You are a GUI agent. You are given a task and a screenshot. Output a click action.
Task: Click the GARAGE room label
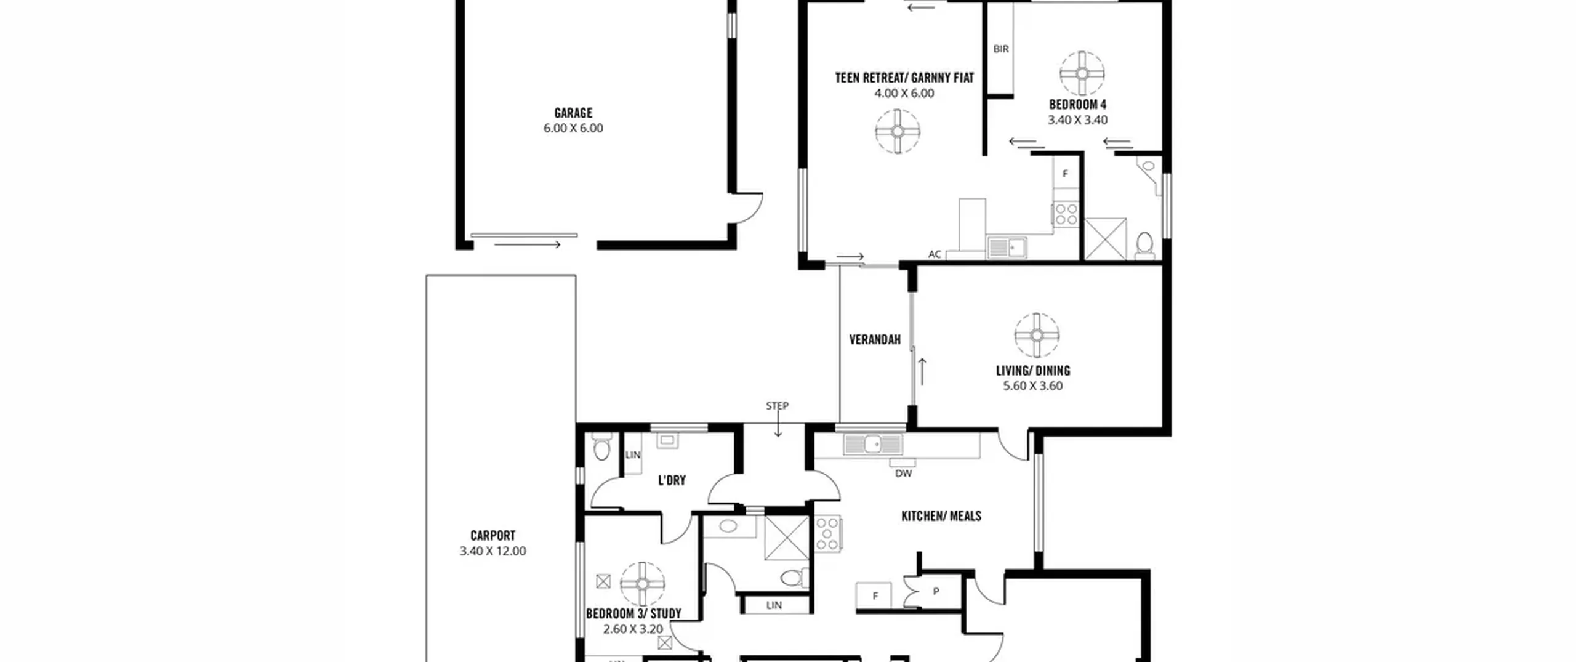click(x=573, y=113)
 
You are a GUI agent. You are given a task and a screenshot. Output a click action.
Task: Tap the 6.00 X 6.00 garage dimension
click(x=573, y=128)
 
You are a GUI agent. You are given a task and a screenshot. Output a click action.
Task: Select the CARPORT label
click(x=492, y=536)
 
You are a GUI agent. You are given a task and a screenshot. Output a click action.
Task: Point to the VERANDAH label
click(x=875, y=339)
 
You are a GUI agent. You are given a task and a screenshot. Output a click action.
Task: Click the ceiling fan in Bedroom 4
click(x=1082, y=74)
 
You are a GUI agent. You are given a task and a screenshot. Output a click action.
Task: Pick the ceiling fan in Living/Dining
click(x=1037, y=335)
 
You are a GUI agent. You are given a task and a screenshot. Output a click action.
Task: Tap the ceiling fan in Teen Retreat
click(x=898, y=131)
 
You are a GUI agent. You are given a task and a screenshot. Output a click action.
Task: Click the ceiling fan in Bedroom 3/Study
click(x=643, y=584)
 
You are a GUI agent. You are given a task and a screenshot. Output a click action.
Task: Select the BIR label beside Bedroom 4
click(x=1001, y=49)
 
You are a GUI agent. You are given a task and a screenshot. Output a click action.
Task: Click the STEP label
click(x=777, y=406)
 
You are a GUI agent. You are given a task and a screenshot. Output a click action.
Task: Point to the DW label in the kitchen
click(x=903, y=474)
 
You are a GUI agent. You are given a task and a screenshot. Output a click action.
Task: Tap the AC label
click(x=935, y=254)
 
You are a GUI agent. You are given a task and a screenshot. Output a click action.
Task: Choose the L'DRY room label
click(x=672, y=480)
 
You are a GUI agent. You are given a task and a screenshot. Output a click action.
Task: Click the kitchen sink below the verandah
click(x=873, y=444)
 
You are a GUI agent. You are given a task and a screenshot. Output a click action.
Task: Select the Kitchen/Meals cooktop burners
click(x=827, y=533)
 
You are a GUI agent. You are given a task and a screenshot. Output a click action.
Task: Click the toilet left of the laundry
click(x=601, y=448)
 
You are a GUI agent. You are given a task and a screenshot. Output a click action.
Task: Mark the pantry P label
click(x=936, y=592)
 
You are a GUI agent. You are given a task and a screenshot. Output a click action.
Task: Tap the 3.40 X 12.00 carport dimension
click(x=492, y=551)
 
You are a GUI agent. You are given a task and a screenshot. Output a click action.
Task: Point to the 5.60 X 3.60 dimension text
click(x=1033, y=386)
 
